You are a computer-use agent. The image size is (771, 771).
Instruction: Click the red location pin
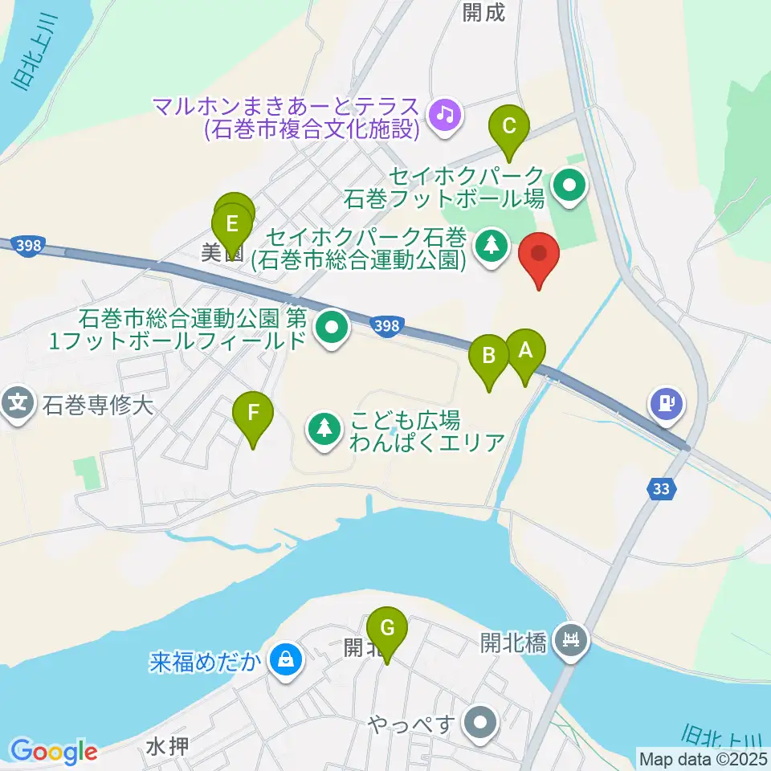pyautogui.click(x=540, y=256)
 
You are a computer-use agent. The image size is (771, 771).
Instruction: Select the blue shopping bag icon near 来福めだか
pyautogui.click(x=284, y=660)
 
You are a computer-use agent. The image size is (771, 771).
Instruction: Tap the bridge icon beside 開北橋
pyautogui.click(x=572, y=640)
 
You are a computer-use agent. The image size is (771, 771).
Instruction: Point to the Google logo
pyautogui.click(x=53, y=751)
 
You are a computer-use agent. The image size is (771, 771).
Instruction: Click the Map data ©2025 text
pyautogui.click(x=703, y=757)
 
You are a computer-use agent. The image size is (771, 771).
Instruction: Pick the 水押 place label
pyautogui.click(x=167, y=746)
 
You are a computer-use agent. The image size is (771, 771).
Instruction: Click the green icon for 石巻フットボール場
pyautogui.click(x=569, y=187)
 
